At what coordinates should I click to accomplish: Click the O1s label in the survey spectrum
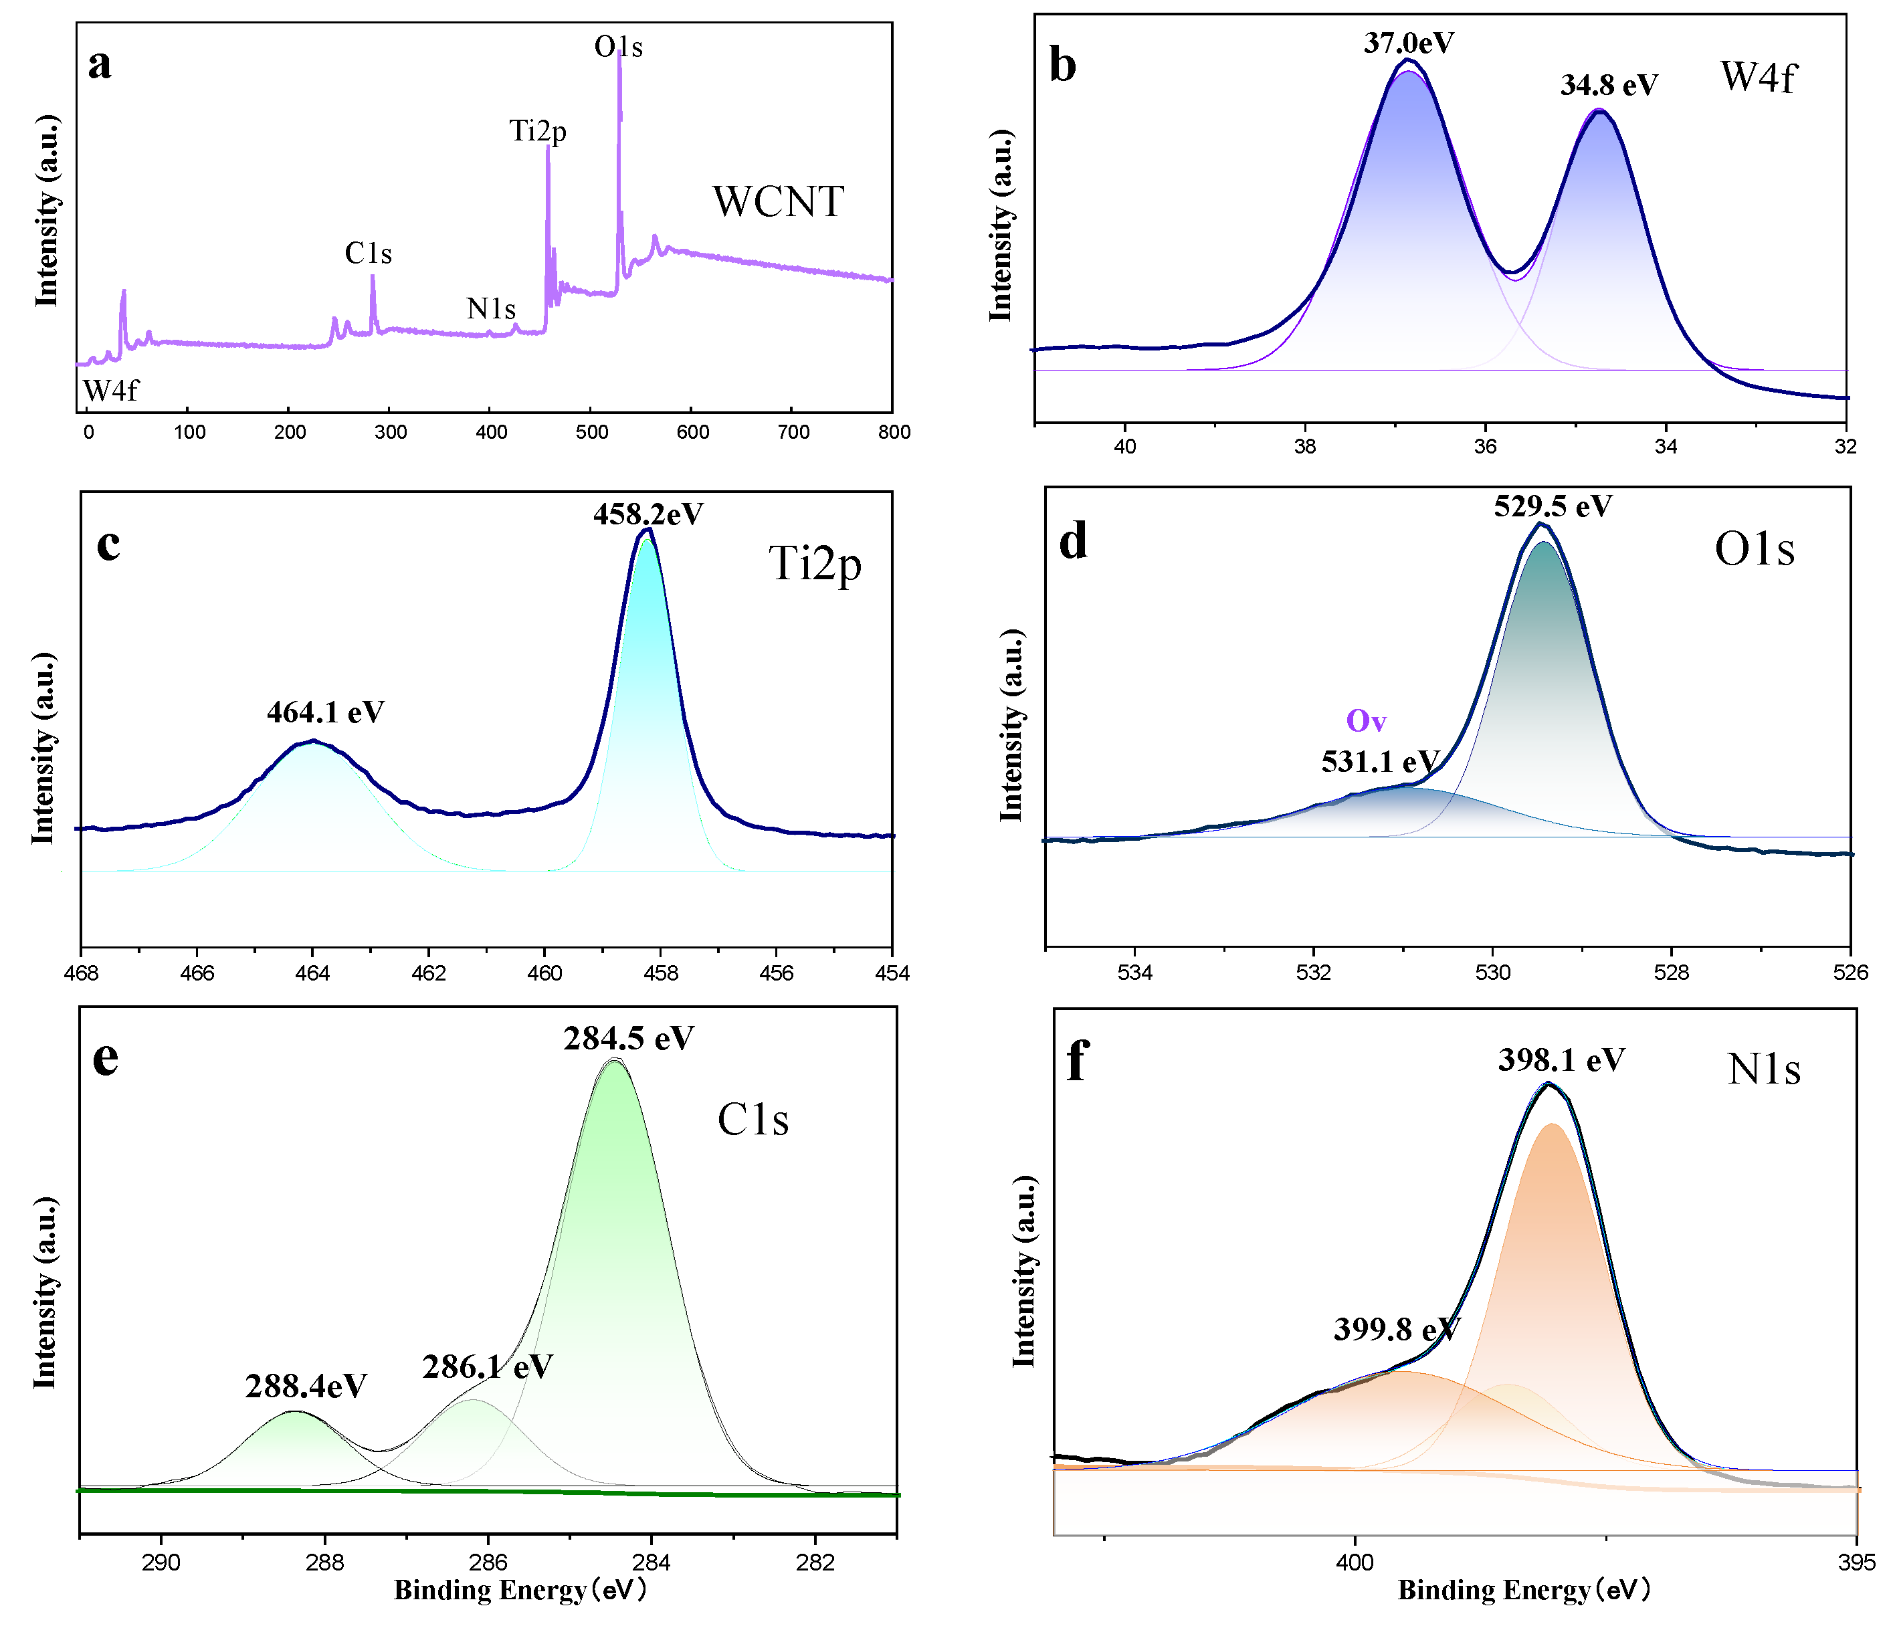(619, 47)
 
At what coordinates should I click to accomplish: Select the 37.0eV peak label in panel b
(1409, 43)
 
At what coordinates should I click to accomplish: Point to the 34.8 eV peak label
(1609, 85)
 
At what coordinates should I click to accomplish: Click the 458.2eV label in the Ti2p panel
(649, 514)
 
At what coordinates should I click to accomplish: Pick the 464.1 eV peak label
(325, 712)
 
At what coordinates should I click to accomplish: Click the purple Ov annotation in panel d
(1366, 722)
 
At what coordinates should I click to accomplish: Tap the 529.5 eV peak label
(1553, 506)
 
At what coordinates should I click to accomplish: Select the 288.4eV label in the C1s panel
(306, 1387)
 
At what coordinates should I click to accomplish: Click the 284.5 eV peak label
(629, 1039)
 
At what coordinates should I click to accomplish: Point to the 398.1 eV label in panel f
(1561, 1059)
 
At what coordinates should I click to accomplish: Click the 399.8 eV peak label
(1397, 1329)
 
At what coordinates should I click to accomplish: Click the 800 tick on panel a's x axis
(894, 432)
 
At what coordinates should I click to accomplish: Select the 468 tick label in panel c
(82, 973)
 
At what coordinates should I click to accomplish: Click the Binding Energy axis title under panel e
(521, 1591)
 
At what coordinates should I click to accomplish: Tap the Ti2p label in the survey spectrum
(538, 132)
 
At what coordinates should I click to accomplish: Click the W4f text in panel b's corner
(1758, 77)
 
